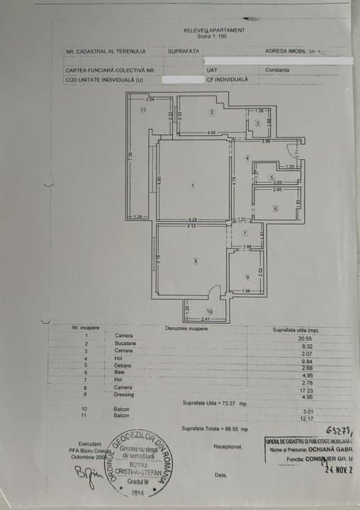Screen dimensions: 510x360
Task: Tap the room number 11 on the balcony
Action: pos(142,110)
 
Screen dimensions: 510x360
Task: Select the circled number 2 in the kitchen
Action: pos(211,113)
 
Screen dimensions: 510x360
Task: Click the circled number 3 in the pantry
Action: pos(258,123)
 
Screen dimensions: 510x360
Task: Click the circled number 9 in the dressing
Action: pos(247,277)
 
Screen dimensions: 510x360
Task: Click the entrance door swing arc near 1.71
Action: pos(291,149)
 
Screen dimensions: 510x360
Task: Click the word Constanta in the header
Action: pos(279,70)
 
